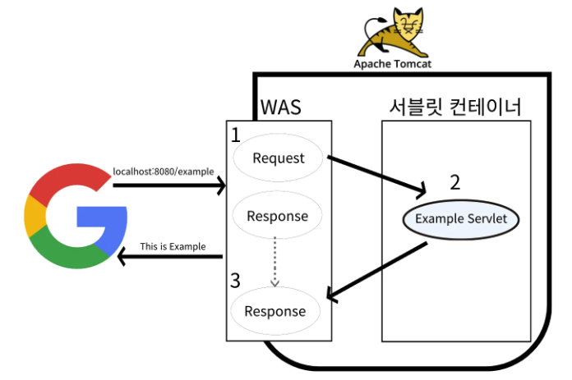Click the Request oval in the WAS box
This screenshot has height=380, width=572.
279,158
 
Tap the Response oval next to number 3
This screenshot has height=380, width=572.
275,311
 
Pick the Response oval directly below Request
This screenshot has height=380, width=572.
279,216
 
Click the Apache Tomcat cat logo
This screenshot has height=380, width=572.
385,30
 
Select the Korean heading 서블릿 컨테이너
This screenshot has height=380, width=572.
456,108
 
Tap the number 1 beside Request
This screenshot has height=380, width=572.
237,135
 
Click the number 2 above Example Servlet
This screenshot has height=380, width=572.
454,182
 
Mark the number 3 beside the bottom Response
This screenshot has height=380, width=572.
236,281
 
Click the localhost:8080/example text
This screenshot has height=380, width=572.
163,172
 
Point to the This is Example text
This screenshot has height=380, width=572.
173,246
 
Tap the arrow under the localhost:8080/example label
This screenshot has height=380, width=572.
168,186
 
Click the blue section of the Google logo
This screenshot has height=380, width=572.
105,222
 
